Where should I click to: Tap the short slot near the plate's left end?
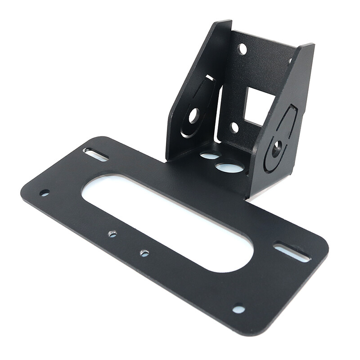click(x=95, y=154)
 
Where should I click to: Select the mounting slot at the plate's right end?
click(x=292, y=252)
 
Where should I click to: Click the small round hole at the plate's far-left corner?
click(x=44, y=193)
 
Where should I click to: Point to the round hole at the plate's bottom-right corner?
click(x=238, y=309)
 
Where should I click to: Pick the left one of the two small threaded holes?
click(x=112, y=234)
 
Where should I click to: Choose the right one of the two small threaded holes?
click(x=144, y=253)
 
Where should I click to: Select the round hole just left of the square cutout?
click(x=234, y=127)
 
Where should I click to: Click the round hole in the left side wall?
click(x=193, y=116)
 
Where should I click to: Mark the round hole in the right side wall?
click(x=277, y=147)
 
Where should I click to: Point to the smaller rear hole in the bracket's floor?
click(x=210, y=156)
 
